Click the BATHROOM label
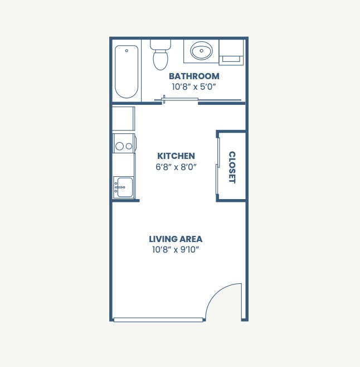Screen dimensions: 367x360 tap(194, 76)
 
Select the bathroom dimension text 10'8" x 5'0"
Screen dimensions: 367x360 tap(194, 86)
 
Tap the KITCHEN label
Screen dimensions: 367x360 tap(176, 156)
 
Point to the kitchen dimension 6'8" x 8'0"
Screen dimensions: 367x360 tap(176, 167)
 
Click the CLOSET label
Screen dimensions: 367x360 tap(232, 167)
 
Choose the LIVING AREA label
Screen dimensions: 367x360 tap(176, 239)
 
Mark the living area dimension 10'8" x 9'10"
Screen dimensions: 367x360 tap(176, 249)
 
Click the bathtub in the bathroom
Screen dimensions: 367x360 tap(127, 73)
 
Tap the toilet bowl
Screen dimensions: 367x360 tap(160, 59)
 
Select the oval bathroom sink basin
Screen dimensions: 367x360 tap(201, 52)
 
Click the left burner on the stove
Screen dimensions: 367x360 tap(119, 146)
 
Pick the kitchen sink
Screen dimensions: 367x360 tap(123, 187)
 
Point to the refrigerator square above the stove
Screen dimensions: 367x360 tap(123, 118)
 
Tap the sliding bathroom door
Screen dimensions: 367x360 tap(179, 100)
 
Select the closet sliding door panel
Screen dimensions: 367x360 tap(217, 166)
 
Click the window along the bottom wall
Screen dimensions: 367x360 tap(158, 320)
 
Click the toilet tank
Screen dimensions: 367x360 tap(160, 44)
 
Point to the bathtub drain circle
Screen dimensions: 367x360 tap(127, 51)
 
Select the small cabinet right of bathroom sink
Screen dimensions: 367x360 tap(230, 50)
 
